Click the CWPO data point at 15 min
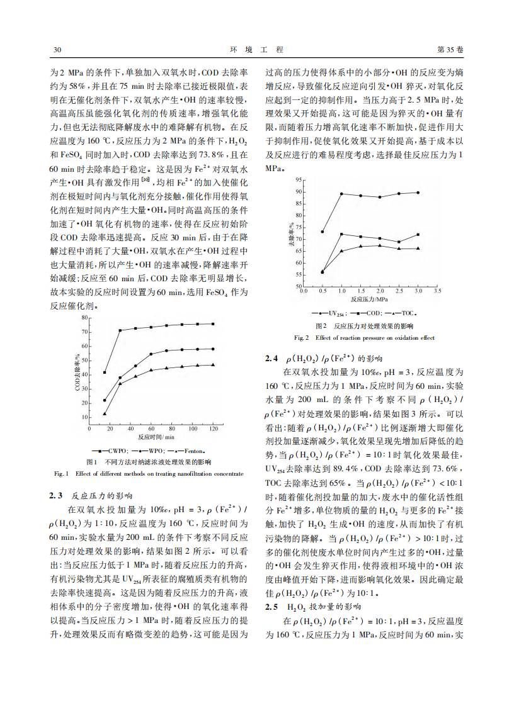(x=105, y=373)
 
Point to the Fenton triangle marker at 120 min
(x=213, y=364)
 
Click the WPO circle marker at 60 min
(x=151, y=354)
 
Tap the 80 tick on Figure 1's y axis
(x=84, y=317)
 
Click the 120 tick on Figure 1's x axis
(x=213, y=429)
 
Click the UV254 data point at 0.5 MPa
(x=322, y=232)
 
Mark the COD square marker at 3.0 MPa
(x=418, y=235)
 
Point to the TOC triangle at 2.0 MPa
(x=380, y=245)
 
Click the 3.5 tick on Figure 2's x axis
(x=437, y=291)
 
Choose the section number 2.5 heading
(x=271, y=607)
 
